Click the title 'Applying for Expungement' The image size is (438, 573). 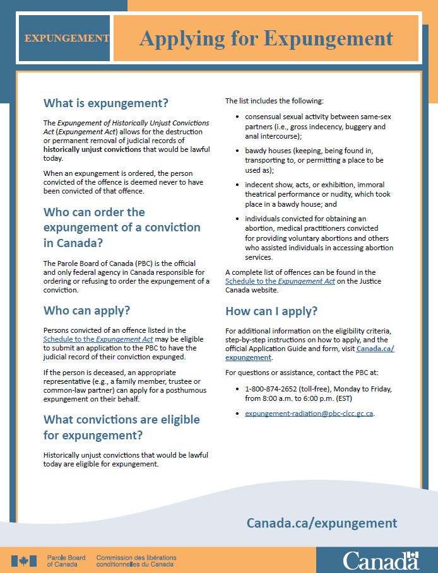pyautogui.click(x=266, y=38)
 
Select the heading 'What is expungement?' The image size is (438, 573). pyautogui.click(x=105, y=103)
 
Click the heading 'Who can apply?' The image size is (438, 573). pyautogui.click(x=86, y=310)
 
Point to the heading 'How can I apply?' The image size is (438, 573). pyautogui.click(x=271, y=311)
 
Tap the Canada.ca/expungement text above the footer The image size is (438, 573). pyautogui.click(x=322, y=523)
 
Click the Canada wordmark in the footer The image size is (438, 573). pyautogui.click(x=381, y=560)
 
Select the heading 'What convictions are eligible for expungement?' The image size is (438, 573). pyautogui.click(x=121, y=427)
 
